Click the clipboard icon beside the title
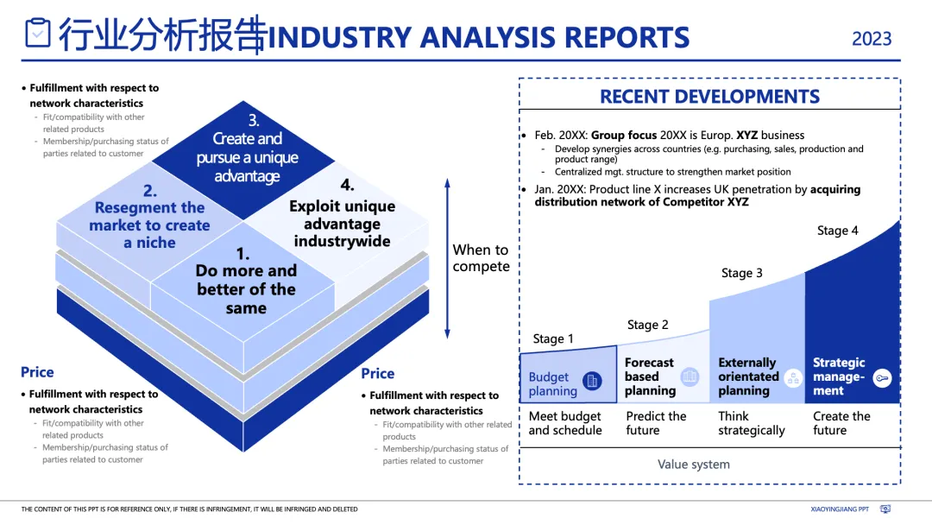click(37, 33)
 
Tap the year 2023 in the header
click(872, 39)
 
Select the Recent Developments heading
click(709, 97)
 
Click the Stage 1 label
click(553, 338)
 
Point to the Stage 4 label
click(837, 231)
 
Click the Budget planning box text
click(552, 384)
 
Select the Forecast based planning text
click(649, 376)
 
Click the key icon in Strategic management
click(881, 377)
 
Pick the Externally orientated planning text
click(747, 376)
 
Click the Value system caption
click(693, 465)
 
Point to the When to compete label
click(481, 258)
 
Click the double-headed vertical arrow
click(447, 258)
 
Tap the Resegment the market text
click(149, 225)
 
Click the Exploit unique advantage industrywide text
click(342, 224)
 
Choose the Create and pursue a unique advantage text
click(248, 157)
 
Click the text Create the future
click(841, 423)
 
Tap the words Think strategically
click(751, 423)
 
